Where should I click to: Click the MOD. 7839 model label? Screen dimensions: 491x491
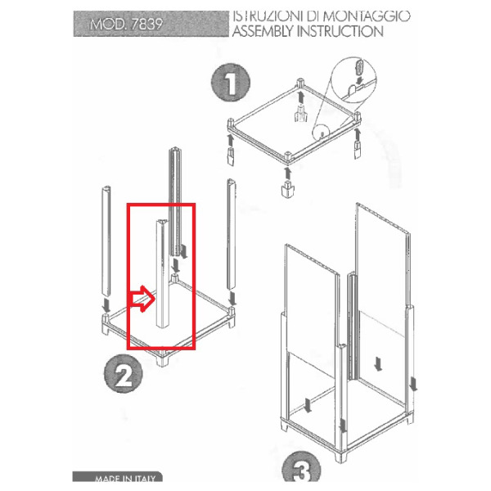tap(127, 24)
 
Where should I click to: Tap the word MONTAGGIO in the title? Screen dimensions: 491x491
tap(367, 16)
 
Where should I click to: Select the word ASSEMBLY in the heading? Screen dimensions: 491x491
tap(263, 31)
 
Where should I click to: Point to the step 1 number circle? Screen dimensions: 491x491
tap(231, 83)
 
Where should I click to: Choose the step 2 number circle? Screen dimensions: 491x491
tap(124, 374)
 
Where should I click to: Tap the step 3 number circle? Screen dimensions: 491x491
tap(301, 467)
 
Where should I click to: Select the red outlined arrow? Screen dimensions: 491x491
tap(142, 299)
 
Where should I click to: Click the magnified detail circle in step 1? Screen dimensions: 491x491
tap(354, 79)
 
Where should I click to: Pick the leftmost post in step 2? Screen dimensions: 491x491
tap(106, 241)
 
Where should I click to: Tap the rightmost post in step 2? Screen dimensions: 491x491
tap(231, 234)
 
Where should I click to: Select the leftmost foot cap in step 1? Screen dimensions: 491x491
tap(230, 157)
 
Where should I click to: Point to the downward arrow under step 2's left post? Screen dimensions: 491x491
tap(106, 305)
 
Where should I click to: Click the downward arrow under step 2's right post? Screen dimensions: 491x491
tap(232, 298)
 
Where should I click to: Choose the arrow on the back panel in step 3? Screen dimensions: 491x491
tap(378, 365)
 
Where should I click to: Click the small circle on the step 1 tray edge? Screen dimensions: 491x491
tap(321, 133)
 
